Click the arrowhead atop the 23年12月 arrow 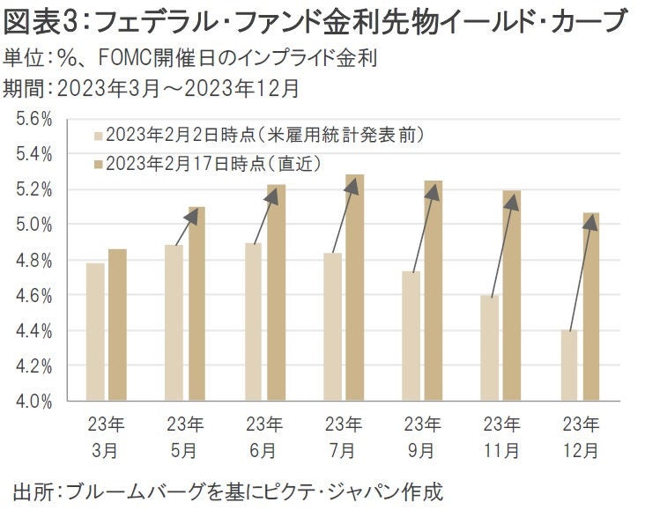[590, 221]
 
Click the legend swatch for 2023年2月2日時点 [98, 136]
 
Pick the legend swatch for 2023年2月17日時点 [98, 163]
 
